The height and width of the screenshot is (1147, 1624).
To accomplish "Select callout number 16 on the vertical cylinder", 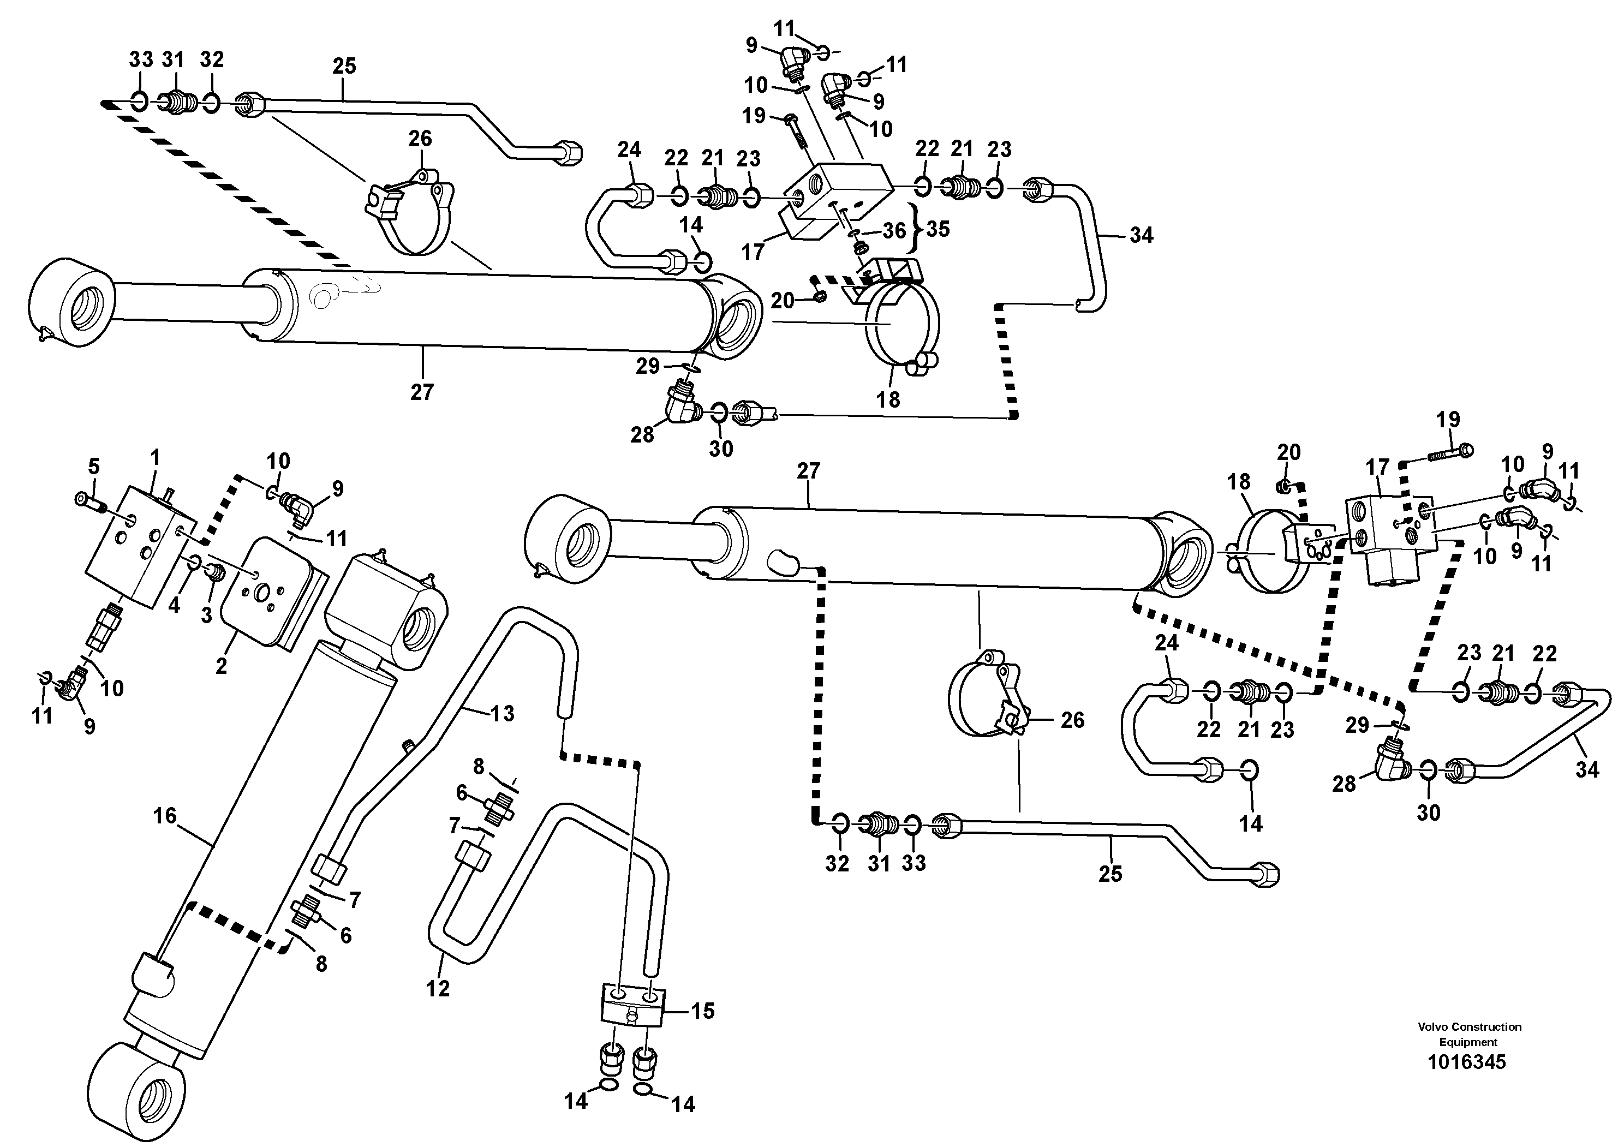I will [x=164, y=816].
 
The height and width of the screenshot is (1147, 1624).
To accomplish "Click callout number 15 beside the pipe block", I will [x=702, y=1011].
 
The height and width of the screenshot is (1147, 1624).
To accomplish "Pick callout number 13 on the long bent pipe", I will [x=502, y=714].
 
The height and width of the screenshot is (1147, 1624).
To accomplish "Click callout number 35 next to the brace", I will [x=938, y=229].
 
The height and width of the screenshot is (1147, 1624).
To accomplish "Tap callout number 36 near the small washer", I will [x=894, y=230].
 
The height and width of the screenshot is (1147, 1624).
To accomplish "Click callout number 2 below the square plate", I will [x=222, y=665].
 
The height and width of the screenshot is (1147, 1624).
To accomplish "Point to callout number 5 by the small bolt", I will [x=93, y=466].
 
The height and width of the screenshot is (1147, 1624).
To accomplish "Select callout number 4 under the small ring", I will [x=174, y=605].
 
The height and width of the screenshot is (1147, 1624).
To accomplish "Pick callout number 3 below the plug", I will [x=206, y=615].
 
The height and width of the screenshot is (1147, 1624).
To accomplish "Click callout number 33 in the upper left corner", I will [x=141, y=60].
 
